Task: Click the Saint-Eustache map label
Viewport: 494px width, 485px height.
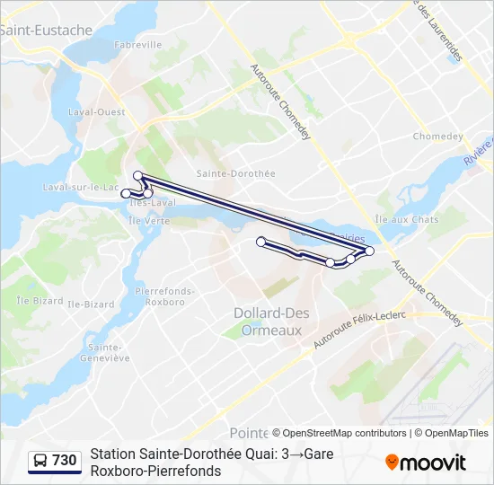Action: tap(47, 31)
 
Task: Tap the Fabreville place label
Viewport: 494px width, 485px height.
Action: tap(137, 44)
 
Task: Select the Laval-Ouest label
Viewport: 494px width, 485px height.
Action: tap(97, 112)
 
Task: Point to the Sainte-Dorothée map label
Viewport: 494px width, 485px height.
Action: tap(235, 172)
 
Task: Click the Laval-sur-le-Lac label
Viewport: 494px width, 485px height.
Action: tap(81, 187)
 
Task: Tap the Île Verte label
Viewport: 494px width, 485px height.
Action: tap(148, 220)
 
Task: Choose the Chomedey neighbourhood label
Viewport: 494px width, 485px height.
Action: tap(437, 137)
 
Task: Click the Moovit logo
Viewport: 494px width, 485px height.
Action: tap(426, 463)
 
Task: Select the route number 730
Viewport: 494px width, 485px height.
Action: tap(65, 461)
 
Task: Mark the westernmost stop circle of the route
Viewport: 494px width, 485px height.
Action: tap(126, 193)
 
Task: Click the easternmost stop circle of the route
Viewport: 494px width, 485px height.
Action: tap(369, 251)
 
